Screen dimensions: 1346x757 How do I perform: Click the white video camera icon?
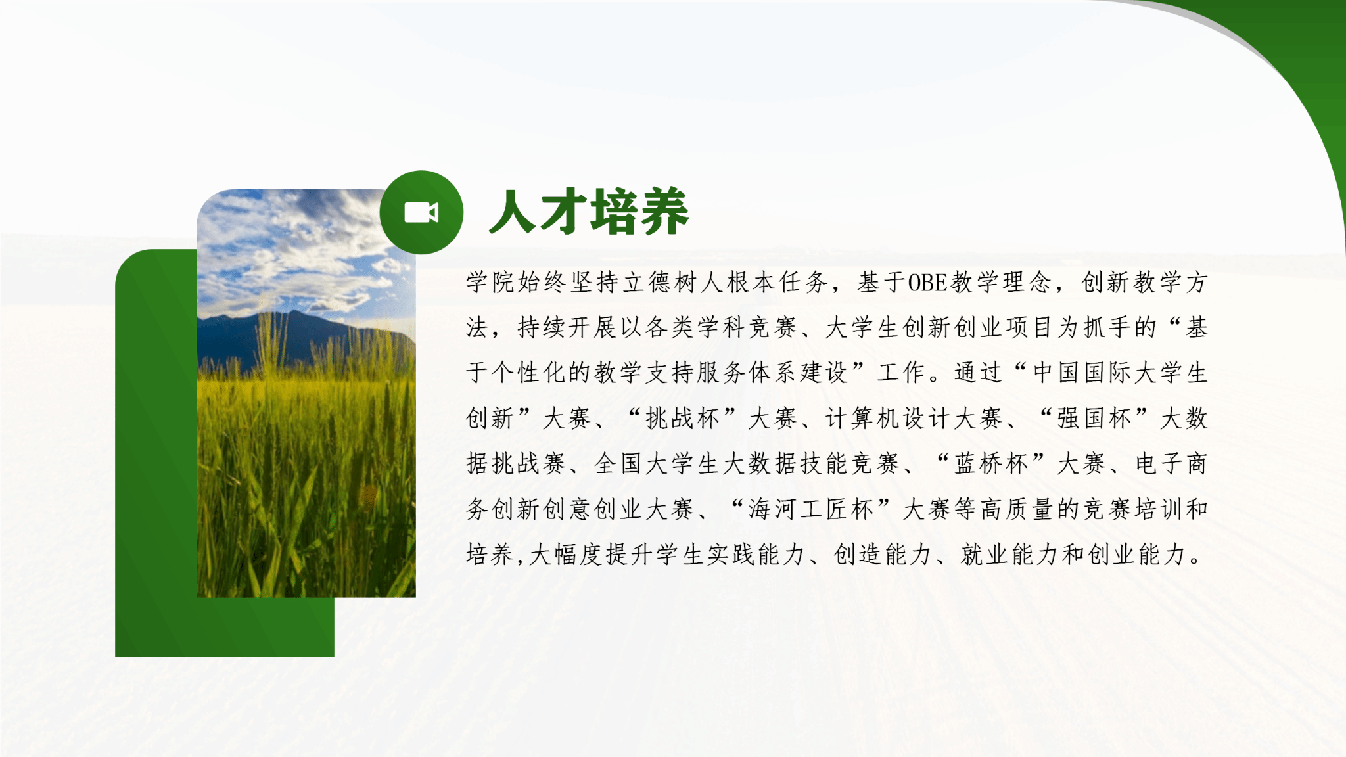coord(421,212)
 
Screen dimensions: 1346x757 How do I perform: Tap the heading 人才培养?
coord(589,212)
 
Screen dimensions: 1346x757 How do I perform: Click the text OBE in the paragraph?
coord(927,283)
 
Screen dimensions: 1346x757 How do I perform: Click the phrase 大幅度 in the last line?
coord(566,555)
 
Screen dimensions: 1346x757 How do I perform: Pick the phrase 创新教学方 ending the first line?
coord(1144,283)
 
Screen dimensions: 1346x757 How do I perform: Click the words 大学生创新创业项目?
coord(939,328)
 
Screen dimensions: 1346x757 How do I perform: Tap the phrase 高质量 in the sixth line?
coord(1016,509)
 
